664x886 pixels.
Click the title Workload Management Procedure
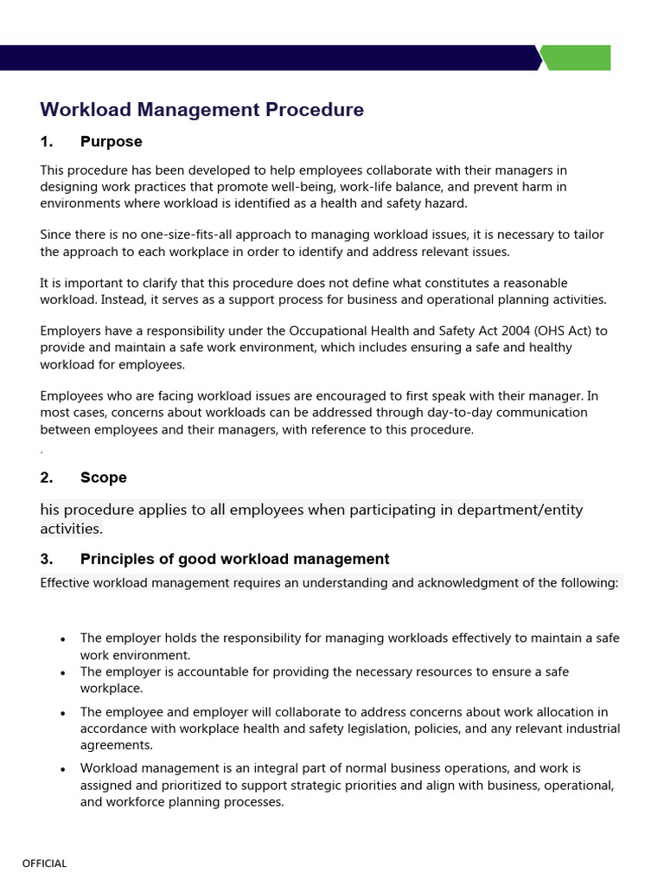[201, 110]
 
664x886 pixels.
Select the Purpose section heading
[111, 142]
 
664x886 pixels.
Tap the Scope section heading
[103, 478]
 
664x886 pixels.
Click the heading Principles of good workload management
[234, 559]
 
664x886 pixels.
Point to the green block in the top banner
[577, 58]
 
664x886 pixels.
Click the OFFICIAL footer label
[44, 864]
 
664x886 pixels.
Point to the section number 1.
[47, 142]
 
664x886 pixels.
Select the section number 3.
[47, 559]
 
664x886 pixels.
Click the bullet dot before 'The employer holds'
[63, 639]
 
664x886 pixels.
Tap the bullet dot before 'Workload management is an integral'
[63, 769]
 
